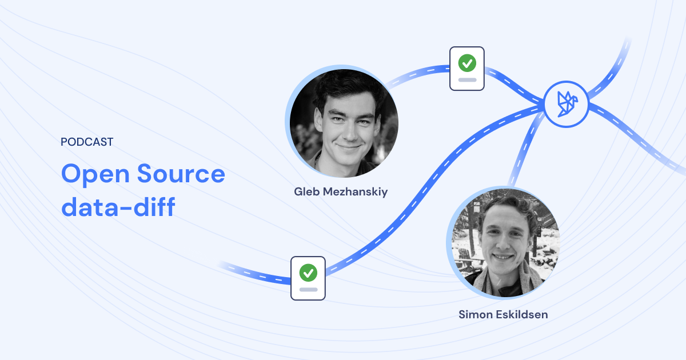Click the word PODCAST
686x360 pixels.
87,142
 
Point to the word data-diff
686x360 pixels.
118,206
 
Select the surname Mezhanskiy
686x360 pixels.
357,192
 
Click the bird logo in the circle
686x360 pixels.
566,104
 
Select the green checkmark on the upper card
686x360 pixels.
467,62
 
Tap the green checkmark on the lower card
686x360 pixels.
308,272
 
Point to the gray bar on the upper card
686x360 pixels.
467,79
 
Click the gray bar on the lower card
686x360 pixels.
308,289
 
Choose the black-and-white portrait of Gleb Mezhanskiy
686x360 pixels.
344,123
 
